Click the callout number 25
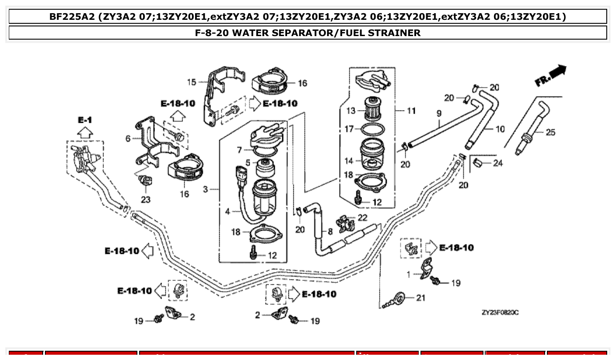click(x=550, y=132)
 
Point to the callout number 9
click(x=439, y=114)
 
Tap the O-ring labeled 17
click(x=373, y=129)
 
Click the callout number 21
click(x=421, y=298)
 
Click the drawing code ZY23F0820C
click(x=500, y=312)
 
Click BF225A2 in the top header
click(x=71, y=17)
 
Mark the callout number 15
click(x=191, y=82)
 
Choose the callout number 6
click(x=128, y=139)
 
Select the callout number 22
click(x=362, y=217)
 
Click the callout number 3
click(x=205, y=190)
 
